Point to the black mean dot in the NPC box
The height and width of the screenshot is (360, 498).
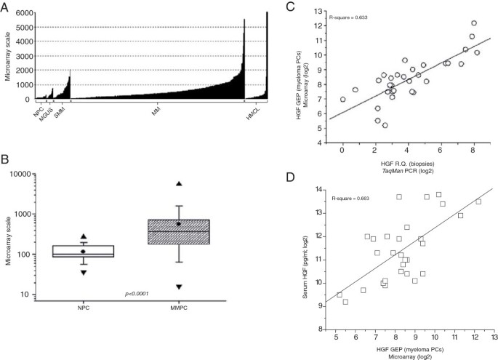coord(83,252)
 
